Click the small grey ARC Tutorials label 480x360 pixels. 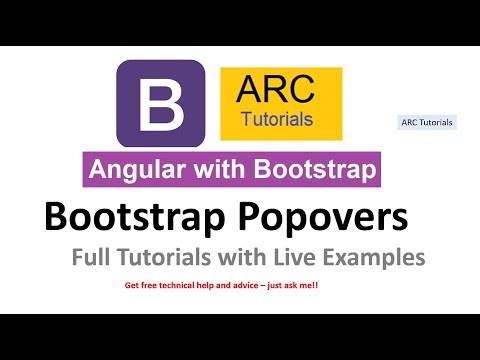[x=427, y=122]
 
